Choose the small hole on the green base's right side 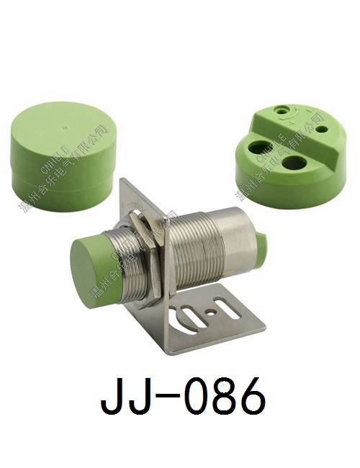click(322, 130)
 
